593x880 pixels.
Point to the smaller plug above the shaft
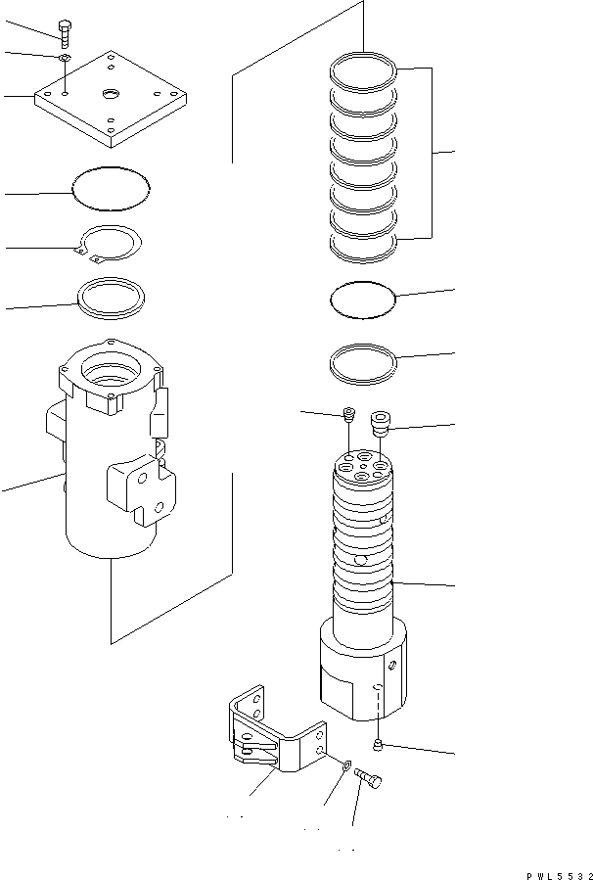click(348, 416)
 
